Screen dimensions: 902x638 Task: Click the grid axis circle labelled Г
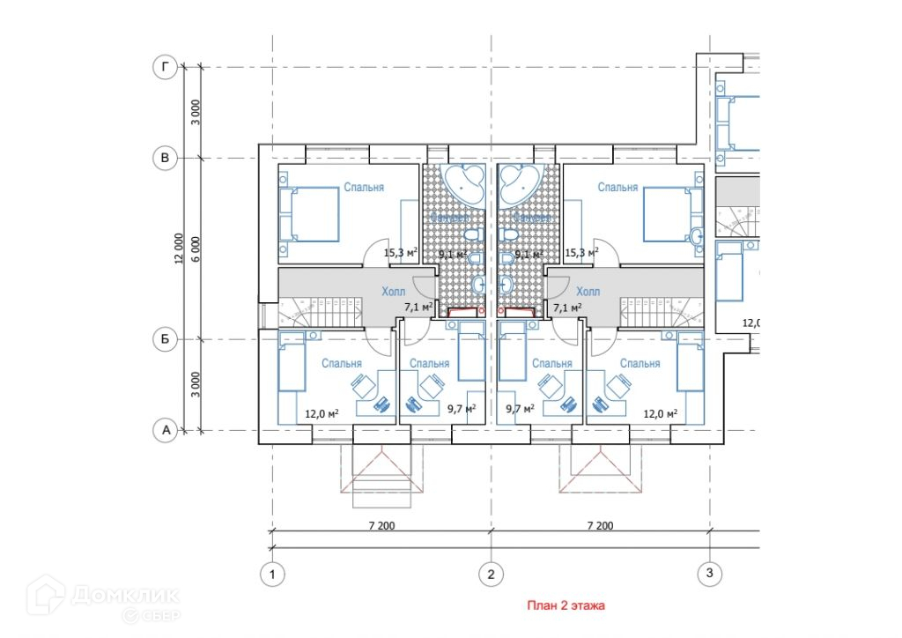point(165,67)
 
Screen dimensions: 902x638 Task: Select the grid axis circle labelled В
point(165,159)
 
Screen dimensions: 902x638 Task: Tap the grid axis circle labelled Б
point(165,339)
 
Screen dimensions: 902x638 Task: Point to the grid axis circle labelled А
point(165,430)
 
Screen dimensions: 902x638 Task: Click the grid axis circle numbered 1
point(273,575)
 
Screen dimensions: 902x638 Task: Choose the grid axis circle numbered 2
point(491,575)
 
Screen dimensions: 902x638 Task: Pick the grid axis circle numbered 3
point(709,575)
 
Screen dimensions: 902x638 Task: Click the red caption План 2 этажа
point(566,606)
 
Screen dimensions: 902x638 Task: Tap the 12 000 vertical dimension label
point(180,249)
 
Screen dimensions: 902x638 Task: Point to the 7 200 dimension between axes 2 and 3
point(599,526)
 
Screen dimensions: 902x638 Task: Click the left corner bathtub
point(463,181)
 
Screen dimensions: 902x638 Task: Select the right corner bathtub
point(519,181)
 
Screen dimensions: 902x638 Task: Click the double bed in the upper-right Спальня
point(673,213)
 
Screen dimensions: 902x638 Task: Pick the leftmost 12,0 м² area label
point(322,412)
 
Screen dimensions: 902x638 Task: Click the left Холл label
point(394,292)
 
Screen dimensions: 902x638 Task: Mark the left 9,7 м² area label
point(462,408)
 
